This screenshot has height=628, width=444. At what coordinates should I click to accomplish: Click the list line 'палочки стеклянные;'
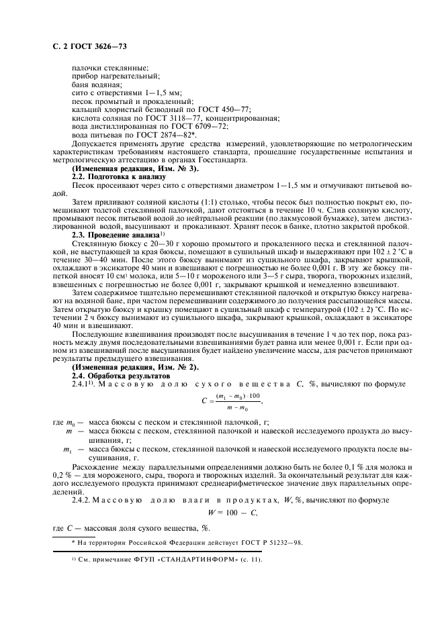pos(109,69)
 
